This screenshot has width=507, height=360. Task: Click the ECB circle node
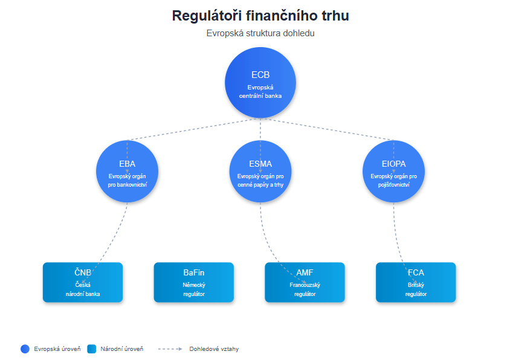260,83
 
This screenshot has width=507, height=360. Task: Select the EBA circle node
127,172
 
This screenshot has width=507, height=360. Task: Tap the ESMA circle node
260,172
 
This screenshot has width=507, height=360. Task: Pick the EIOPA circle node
393,172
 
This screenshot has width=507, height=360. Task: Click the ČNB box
83,282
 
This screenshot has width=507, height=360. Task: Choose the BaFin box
194,282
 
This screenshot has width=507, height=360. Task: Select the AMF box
305,282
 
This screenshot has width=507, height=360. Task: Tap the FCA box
416,282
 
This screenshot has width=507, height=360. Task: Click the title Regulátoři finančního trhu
260,16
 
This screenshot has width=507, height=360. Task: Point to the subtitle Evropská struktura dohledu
260,33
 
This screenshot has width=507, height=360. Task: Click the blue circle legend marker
25,349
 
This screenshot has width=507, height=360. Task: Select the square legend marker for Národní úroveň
91,349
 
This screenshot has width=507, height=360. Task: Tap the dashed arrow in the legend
170,349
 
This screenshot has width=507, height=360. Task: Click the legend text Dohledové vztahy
214,349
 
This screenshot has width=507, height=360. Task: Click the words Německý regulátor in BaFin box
194,289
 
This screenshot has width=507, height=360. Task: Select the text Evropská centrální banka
260,91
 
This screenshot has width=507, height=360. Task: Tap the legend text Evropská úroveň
57,349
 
